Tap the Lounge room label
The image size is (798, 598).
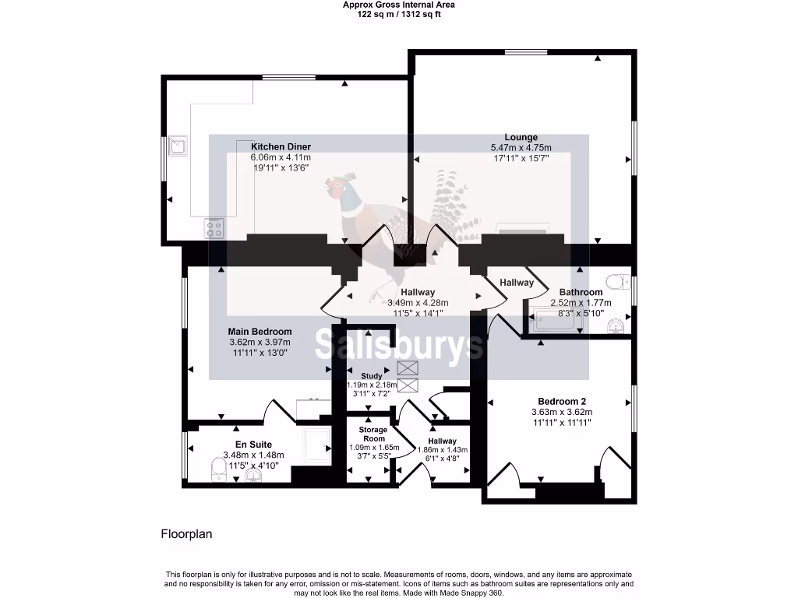tap(521, 137)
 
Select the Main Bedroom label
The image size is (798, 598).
tap(260, 332)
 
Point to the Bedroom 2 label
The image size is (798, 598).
tap(562, 402)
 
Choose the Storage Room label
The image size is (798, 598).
tap(373, 434)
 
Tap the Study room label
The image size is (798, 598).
tap(372, 376)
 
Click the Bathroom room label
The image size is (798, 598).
tap(581, 293)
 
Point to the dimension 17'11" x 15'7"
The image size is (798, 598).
tap(521, 157)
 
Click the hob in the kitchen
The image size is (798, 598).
tap(214, 228)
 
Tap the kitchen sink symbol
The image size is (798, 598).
tap(179, 145)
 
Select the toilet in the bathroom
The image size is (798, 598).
tap(620, 280)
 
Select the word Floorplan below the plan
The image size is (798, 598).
tap(186, 534)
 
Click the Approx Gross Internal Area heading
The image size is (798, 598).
tap(398, 5)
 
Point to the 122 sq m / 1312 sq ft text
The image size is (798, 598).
tap(398, 15)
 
